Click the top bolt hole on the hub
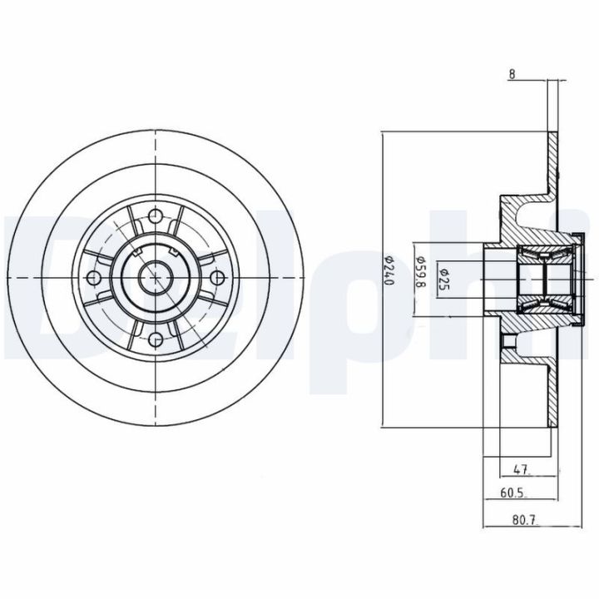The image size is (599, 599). tap(156, 217)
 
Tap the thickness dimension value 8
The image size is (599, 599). tap(513, 74)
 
